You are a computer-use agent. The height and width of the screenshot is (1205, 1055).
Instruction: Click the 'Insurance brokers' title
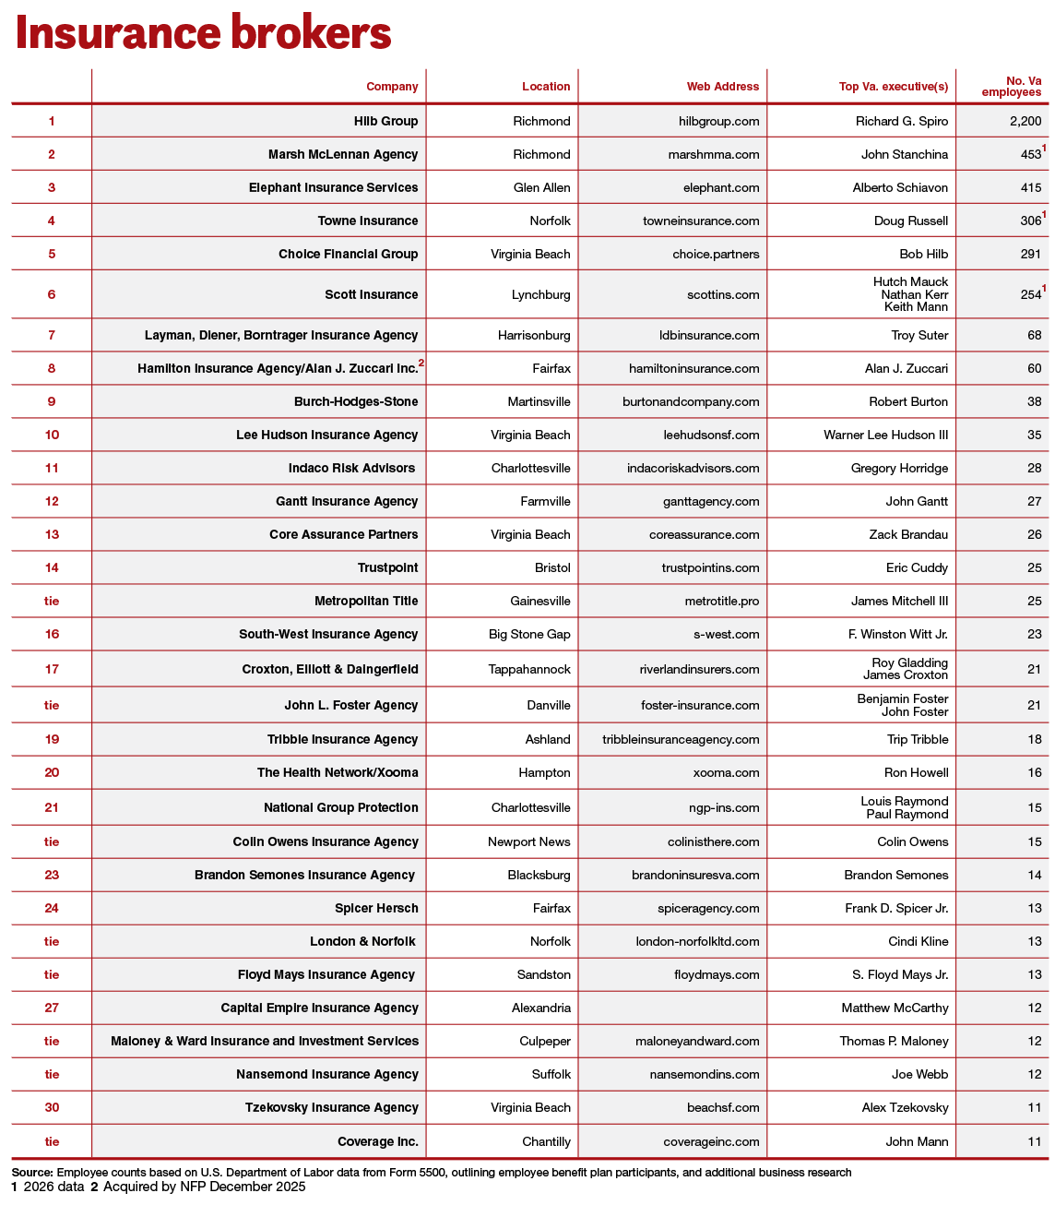(x=203, y=33)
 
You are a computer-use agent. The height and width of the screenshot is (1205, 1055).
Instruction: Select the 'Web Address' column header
(x=722, y=87)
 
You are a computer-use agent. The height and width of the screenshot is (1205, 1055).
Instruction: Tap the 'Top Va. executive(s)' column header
(x=893, y=87)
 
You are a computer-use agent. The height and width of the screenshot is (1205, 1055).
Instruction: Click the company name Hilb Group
(x=385, y=121)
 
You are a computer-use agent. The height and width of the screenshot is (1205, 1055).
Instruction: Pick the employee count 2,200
(x=1025, y=121)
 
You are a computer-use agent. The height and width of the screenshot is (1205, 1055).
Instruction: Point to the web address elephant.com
(x=721, y=187)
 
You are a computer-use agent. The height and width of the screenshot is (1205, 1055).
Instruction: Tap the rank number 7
(x=52, y=335)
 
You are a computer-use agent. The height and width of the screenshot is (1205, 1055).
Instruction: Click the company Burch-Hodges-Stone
(x=356, y=401)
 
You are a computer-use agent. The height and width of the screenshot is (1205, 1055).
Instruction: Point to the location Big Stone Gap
(x=529, y=634)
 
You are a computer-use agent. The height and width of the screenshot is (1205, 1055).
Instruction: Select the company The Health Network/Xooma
(x=338, y=772)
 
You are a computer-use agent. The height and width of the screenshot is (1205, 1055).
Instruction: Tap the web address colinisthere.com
(x=713, y=841)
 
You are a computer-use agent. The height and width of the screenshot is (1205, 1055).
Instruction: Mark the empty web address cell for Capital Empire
(x=672, y=1008)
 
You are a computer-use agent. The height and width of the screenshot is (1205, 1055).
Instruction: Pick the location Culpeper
(x=544, y=1041)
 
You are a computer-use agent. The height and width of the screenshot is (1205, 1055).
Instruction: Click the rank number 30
(x=52, y=1107)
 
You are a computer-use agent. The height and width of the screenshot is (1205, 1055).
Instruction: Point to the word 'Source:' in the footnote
(x=32, y=1172)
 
